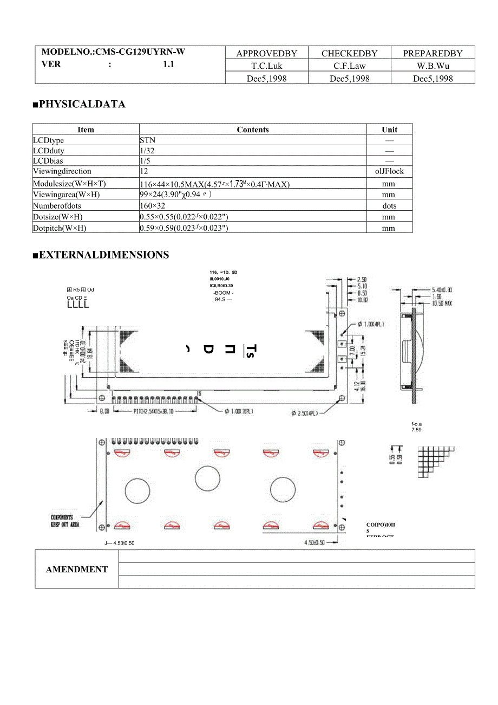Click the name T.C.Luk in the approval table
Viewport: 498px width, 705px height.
(x=266, y=66)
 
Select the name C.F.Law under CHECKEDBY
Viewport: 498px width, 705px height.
(x=349, y=66)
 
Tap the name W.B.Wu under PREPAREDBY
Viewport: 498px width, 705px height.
(x=433, y=66)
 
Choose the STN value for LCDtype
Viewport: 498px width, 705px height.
(x=147, y=140)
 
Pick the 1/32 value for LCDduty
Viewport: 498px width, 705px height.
(x=147, y=151)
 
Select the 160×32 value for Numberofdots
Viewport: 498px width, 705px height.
(x=153, y=206)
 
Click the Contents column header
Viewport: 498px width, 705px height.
(x=253, y=130)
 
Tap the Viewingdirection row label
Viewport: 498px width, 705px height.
(x=62, y=171)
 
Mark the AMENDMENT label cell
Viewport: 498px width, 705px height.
(x=77, y=570)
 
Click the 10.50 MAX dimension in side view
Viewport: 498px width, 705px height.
(x=441, y=303)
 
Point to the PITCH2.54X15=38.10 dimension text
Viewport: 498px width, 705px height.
(x=161, y=411)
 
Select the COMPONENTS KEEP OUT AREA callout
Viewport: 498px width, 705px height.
(x=65, y=521)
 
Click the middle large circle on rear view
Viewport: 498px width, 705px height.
(x=207, y=478)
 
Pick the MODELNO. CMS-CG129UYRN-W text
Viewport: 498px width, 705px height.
(x=113, y=52)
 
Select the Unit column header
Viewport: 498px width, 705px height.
(x=389, y=130)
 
